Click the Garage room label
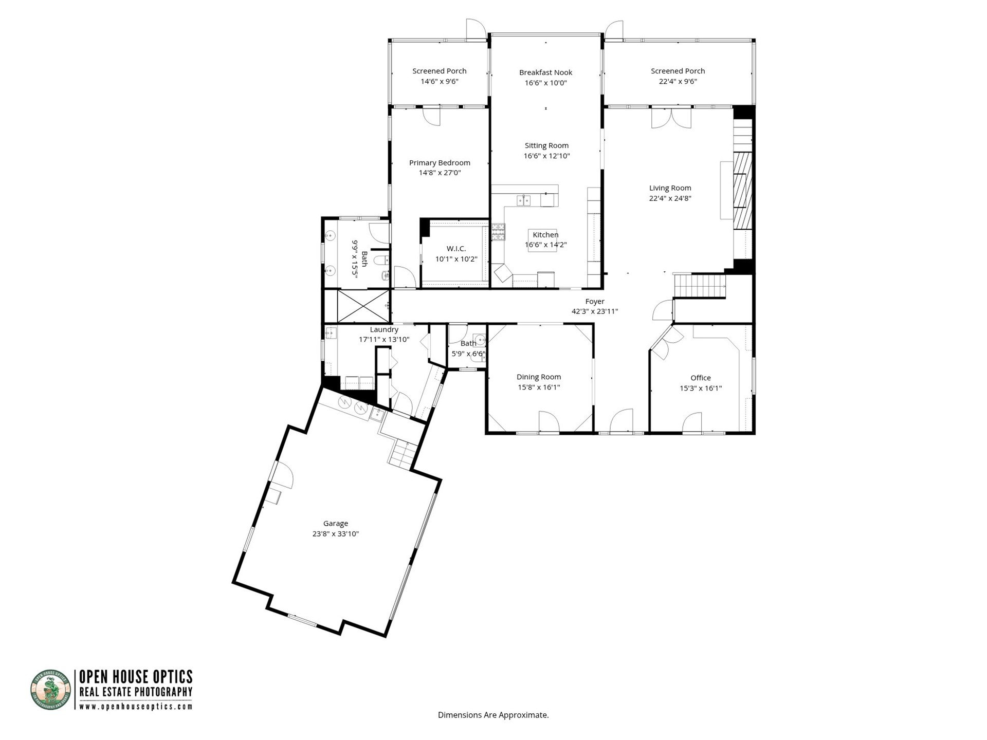pyautogui.click(x=335, y=524)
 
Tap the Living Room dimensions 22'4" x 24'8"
pyautogui.click(x=670, y=198)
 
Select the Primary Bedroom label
pyautogui.click(x=440, y=163)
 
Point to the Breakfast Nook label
pyautogui.click(x=545, y=72)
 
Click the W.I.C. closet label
pyautogui.click(x=456, y=249)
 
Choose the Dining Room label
pyautogui.click(x=539, y=377)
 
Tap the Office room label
pyautogui.click(x=700, y=378)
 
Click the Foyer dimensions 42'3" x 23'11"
pyautogui.click(x=595, y=311)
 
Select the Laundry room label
pyautogui.click(x=384, y=329)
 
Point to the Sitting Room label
pyautogui.click(x=546, y=145)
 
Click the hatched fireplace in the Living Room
pyautogui.click(x=742, y=190)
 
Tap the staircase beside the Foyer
pyautogui.click(x=699, y=286)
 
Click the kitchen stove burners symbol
pyautogui.click(x=498, y=232)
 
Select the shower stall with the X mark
pyautogui.click(x=363, y=306)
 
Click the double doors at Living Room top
pyautogui.click(x=671, y=118)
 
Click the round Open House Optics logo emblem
pyautogui.click(x=50, y=690)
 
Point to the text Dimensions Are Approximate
pyautogui.click(x=493, y=715)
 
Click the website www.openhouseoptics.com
pyautogui.click(x=136, y=707)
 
